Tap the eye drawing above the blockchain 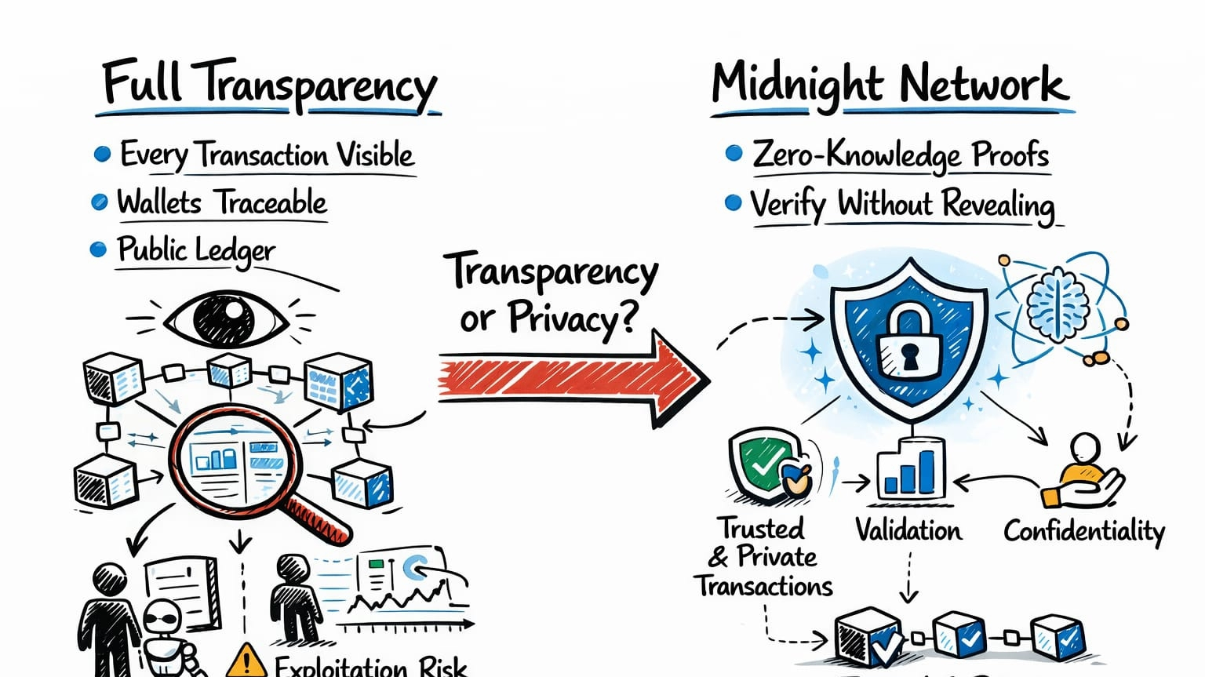pos(224,319)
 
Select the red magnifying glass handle pos(319,516)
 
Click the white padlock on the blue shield pos(908,343)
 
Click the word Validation pos(908,531)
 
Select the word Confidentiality pos(1084,531)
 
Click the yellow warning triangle pos(246,661)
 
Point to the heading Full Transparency pos(269,85)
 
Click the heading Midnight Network pos(890,85)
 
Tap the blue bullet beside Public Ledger pos(98,249)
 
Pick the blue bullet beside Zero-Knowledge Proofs pos(734,153)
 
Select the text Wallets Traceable pos(222,202)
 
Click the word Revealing pos(998,205)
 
